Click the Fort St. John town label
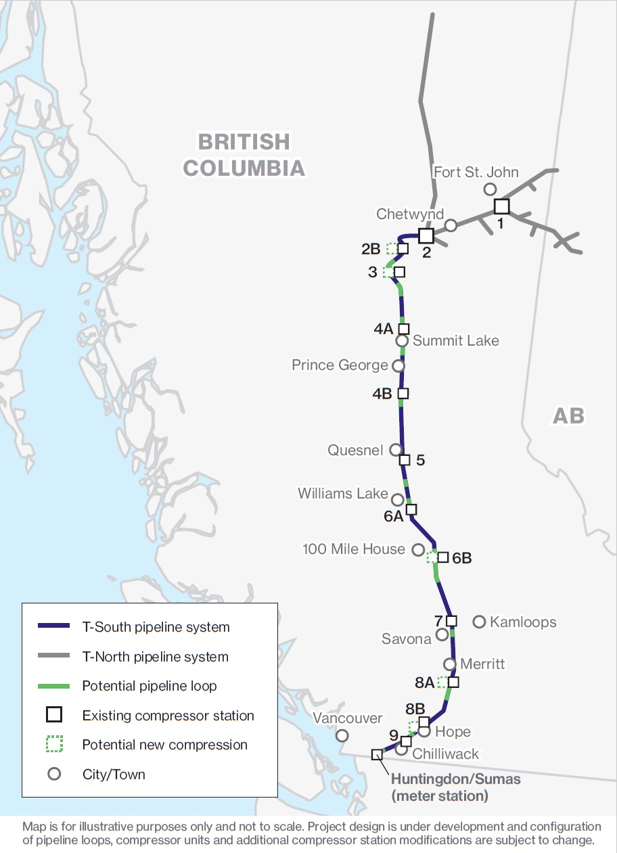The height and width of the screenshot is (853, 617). pyautogui.click(x=476, y=172)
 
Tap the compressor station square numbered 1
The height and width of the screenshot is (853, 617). pyautogui.click(x=501, y=206)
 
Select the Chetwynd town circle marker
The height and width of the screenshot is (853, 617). pyautogui.click(x=451, y=225)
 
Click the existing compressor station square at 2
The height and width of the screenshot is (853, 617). pyautogui.click(x=426, y=235)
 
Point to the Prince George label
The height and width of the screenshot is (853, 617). pyautogui.click(x=340, y=365)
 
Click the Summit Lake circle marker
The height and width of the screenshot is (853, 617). pyautogui.click(x=402, y=340)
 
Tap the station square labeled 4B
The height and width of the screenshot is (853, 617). pyautogui.click(x=403, y=393)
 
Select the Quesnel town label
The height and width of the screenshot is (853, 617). pyautogui.click(x=355, y=450)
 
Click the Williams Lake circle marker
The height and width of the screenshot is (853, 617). pyautogui.click(x=398, y=499)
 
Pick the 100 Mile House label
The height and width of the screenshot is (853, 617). pyautogui.click(x=354, y=549)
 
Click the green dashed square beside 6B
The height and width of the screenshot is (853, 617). pyautogui.click(x=432, y=557)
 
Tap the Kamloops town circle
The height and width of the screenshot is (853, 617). pyautogui.click(x=479, y=621)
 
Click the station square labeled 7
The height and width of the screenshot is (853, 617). pyautogui.click(x=451, y=620)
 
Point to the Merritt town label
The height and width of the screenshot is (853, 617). pyautogui.click(x=482, y=664)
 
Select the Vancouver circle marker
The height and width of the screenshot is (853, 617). pyautogui.click(x=342, y=735)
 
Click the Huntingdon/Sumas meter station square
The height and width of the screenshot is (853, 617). pyautogui.click(x=377, y=754)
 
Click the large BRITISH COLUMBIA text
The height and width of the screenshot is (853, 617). pyautogui.click(x=244, y=155)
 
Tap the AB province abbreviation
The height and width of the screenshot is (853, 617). pyautogui.click(x=568, y=415)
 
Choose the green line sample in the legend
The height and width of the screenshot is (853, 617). pyautogui.click(x=53, y=686)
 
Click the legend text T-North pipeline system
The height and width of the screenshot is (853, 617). pyautogui.click(x=155, y=657)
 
